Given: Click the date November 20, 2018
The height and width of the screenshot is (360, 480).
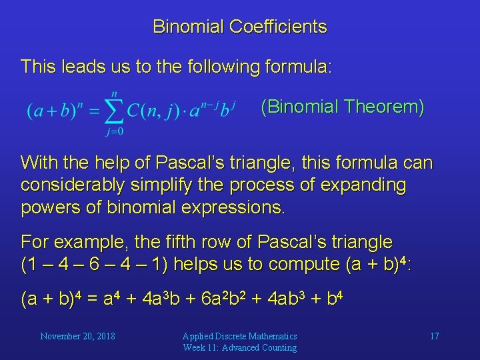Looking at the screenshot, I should point(77,336).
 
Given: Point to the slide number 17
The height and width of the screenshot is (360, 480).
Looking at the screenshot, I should point(434,336).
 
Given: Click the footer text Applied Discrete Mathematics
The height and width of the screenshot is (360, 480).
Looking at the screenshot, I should point(240,336).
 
